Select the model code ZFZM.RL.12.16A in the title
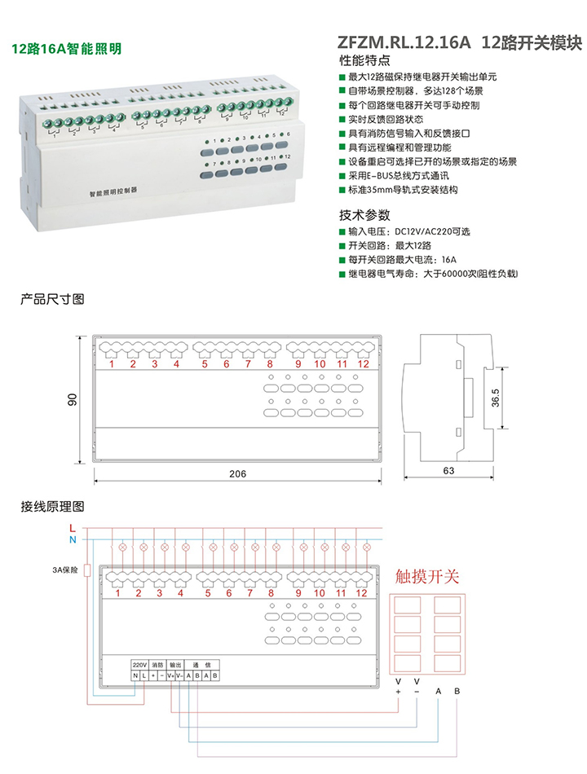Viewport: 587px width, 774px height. click(x=404, y=42)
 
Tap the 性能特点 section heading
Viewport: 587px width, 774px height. click(x=364, y=61)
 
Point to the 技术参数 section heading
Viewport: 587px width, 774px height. click(x=364, y=216)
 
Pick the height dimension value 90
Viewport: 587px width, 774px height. click(x=73, y=399)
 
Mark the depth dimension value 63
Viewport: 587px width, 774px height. click(x=448, y=471)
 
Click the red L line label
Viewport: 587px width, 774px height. click(x=73, y=528)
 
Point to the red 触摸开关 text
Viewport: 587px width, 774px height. click(x=427, y=578)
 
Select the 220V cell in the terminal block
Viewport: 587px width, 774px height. click(x=139, y=665)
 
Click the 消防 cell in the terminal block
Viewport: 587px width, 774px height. click(x=158, y=665)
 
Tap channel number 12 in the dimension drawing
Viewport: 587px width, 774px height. click(x=363, y=363)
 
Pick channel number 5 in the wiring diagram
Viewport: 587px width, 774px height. click(x=207, y=593)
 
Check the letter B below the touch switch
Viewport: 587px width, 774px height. click(x=457, y=691)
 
